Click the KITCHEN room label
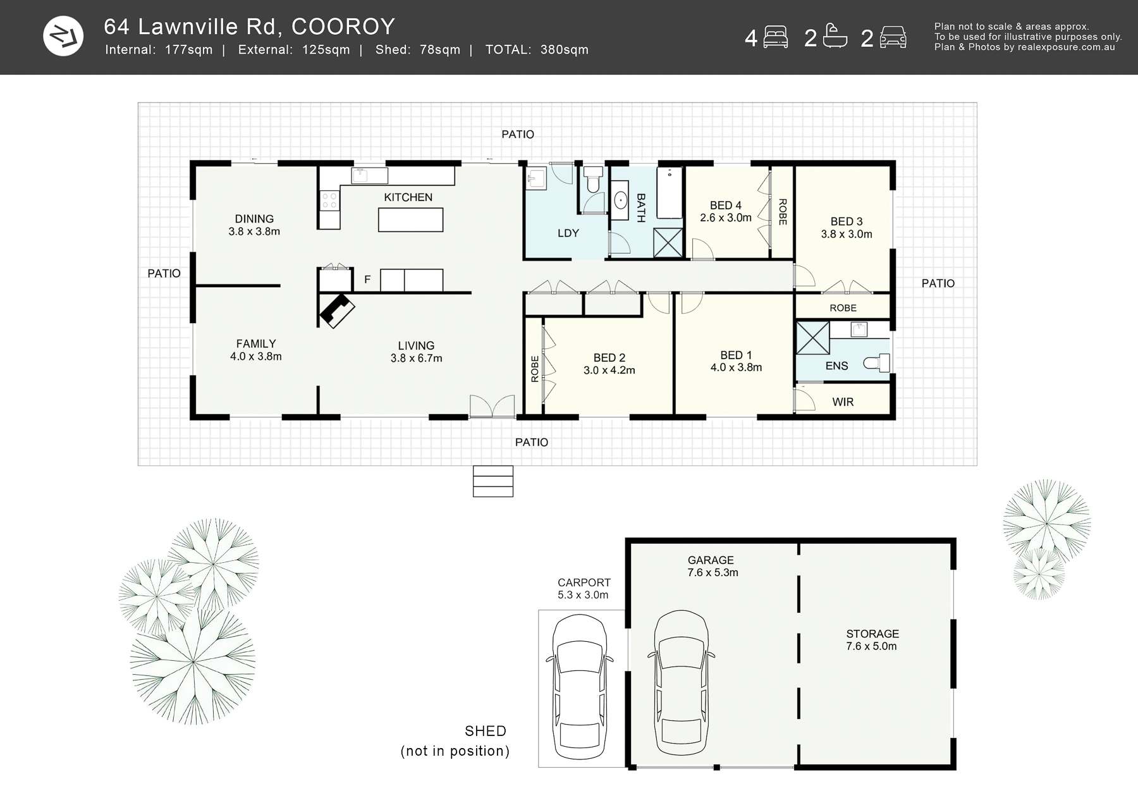point(408,197)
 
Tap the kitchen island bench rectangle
point(410,220)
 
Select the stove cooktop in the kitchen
point(329,201)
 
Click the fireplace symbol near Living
point(337,310)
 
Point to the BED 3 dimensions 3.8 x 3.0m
point(846,234)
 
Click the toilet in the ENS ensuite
point(877,363)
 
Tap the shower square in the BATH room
point(668,243)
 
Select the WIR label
point(842,402)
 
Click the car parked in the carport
point(579,687)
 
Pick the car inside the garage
point(681,683)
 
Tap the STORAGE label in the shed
point(872,634)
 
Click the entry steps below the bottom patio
point(493,481)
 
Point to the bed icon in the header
point(775,37)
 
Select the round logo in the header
point(63,36)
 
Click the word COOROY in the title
point(343,27)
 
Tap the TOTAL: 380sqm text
point(536,50)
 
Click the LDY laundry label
point(568,233)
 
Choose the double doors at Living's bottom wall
point(492,407)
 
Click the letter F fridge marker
point(367,280)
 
